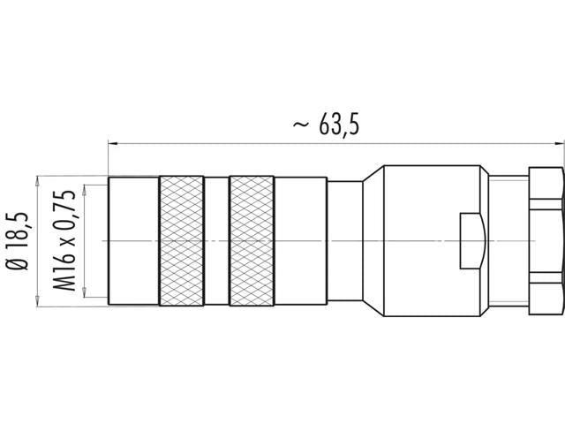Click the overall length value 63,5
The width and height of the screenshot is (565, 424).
339,126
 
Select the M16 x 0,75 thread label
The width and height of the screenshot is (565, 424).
65,240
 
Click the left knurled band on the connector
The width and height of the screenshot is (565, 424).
181,241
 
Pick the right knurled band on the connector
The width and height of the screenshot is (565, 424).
251,241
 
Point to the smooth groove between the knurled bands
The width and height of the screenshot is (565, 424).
215,241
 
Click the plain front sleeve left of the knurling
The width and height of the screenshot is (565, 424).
133,241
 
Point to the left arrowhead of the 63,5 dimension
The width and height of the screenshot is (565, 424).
112,140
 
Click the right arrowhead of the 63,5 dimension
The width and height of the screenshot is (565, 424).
559,140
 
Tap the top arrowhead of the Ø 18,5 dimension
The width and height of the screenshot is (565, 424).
37,179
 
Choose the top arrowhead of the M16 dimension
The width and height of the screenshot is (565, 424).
85,188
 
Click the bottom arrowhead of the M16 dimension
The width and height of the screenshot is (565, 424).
85,295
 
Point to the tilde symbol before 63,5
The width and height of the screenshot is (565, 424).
301,126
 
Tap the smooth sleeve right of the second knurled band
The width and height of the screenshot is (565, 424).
300,241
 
